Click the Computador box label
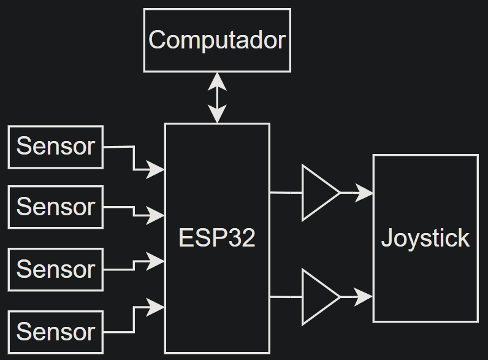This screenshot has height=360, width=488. coord(217,40)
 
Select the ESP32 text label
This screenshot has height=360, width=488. coord(217,238)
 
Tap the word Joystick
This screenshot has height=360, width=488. coord(425,238)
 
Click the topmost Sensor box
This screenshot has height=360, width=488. coord(56,147)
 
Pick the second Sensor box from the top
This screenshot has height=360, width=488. coord(56,207)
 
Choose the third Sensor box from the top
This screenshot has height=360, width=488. coord(56,269)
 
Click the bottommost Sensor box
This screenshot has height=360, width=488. coord(56,332)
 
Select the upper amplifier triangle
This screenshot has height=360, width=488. coord(318,193)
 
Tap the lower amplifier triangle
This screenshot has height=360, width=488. coord(318,297)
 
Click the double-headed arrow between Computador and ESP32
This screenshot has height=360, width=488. coord(217,98)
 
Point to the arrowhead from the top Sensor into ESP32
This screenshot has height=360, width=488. coord(156,169)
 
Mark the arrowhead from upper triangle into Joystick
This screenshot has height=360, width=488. coord(365,193)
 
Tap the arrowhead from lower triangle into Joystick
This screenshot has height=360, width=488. coord(365,297)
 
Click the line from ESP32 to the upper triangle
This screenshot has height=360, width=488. coord(286,193)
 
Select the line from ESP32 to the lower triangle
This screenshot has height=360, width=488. coord(286,297)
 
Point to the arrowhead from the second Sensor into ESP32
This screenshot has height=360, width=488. coord(156,216)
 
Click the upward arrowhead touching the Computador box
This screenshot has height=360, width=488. coord(217,80)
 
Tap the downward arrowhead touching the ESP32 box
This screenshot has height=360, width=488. coord(217,115)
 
